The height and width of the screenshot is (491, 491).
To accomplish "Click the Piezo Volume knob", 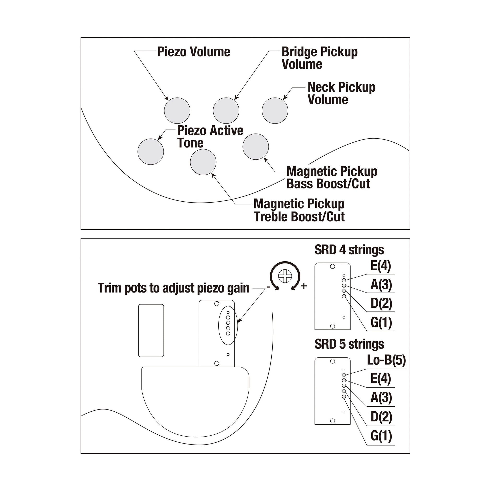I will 177,111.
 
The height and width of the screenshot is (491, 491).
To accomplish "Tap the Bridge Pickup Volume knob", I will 226,111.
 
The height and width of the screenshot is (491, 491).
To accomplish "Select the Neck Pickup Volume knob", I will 275,111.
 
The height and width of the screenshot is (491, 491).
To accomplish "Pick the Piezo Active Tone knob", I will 151,152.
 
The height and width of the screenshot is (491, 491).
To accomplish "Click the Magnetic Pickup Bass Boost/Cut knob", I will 255,147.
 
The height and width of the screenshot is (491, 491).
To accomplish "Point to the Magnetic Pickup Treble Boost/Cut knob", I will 203,162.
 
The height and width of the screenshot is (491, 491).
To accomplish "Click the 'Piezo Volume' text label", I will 194,52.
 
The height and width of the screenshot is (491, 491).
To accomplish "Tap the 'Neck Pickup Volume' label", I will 341,93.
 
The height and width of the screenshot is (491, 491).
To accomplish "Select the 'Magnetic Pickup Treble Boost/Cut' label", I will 299,210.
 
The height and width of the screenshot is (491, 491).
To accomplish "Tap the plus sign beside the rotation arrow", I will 304,286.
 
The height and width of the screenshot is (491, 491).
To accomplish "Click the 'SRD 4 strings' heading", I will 349,250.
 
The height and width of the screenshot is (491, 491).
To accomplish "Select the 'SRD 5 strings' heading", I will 349,344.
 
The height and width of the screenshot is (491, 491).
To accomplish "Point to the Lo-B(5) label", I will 386,360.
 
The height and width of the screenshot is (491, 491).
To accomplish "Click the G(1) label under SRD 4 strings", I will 381,322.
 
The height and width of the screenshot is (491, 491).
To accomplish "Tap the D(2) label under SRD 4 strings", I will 381,303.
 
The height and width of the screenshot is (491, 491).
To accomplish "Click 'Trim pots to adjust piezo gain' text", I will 174,288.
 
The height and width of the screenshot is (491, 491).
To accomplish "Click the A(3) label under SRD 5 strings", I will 381,397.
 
